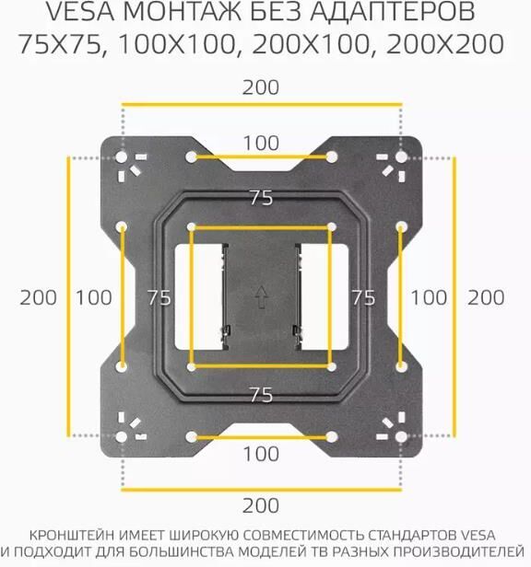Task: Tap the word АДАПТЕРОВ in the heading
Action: click(393, 12)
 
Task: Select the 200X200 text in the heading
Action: click(444, 44)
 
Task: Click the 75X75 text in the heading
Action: click(59, 44)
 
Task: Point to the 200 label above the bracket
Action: click(261, 87)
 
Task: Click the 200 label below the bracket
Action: click(261, 505)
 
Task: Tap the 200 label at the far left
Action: click(38, 298)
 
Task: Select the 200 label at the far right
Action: click(486, 298)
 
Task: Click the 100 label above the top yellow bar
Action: click(261, 144)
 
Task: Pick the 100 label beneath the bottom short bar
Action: click(261, 454)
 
